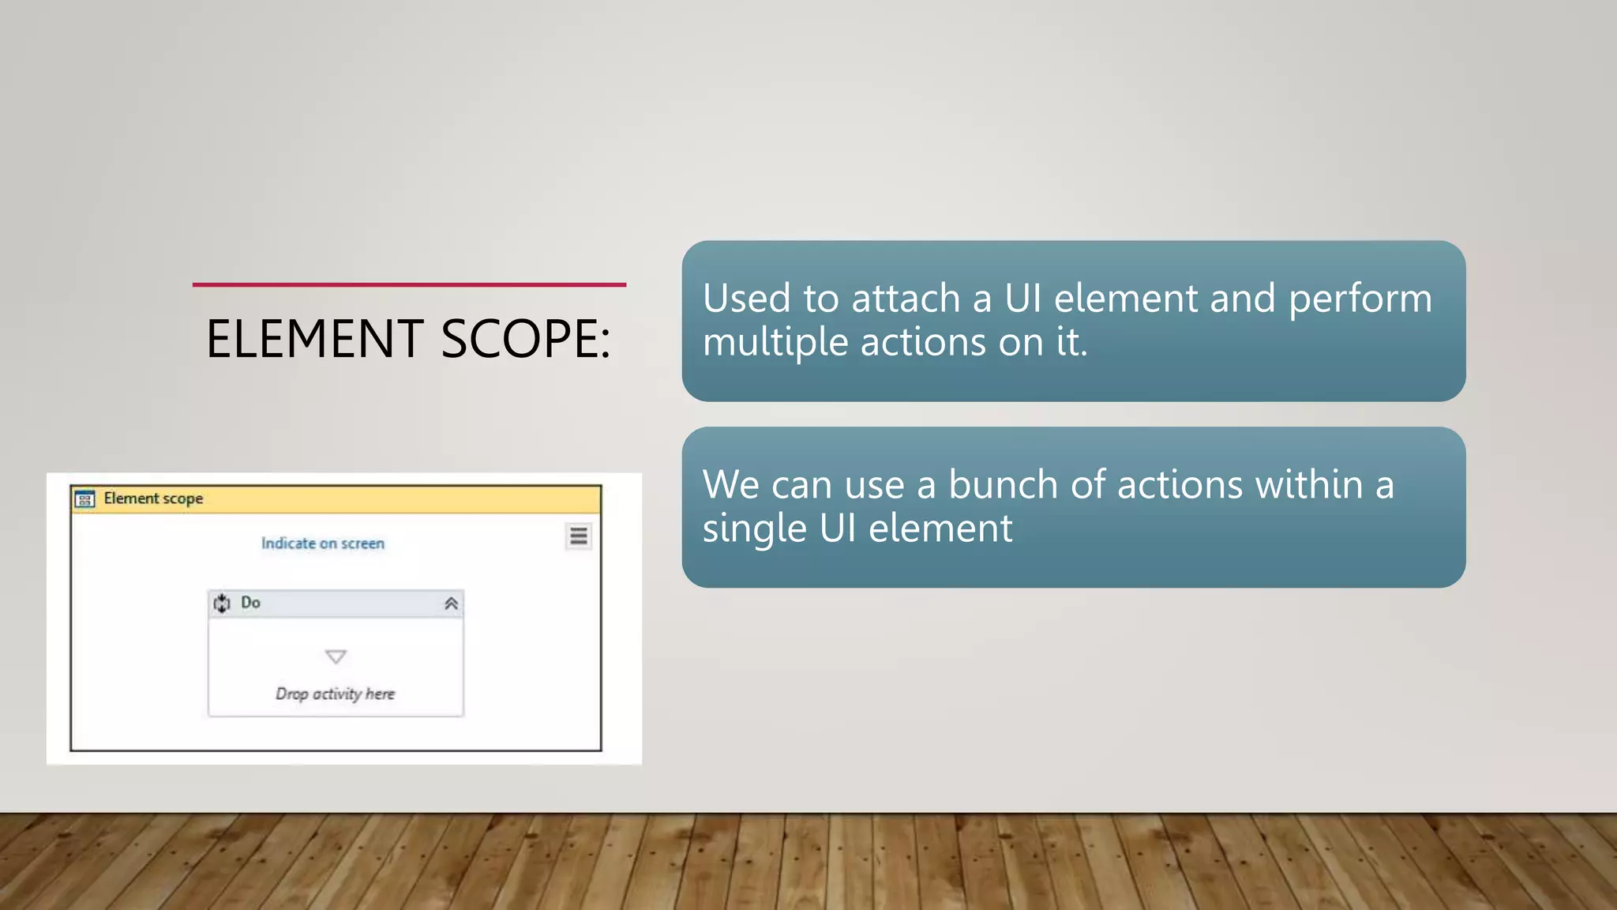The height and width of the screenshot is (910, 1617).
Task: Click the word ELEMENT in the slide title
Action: (314, 339)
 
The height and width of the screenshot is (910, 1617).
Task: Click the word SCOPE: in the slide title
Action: (525, 339)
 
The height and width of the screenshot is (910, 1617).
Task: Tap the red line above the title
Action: (409, 284)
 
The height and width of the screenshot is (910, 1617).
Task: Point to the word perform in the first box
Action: (1360, 300)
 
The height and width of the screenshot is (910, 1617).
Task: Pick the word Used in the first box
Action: (746, 299)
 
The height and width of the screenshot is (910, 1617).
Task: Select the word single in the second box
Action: (754, 528)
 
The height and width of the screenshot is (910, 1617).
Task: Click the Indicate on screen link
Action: (323, 543)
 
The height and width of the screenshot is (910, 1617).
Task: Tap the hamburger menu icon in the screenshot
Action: (579, 536)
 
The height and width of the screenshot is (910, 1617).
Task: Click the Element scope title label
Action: (153, 498)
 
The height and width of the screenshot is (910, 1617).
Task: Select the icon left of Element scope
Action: (84, 499)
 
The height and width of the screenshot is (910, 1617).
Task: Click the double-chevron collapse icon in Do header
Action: (451, 604)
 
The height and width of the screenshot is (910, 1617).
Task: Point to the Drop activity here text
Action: (335, 694)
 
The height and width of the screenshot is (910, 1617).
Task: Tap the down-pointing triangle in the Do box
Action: (336, 656)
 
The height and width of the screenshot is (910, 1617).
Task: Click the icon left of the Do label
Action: (222, 604)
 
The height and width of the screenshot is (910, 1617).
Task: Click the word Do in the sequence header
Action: (250, 603)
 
